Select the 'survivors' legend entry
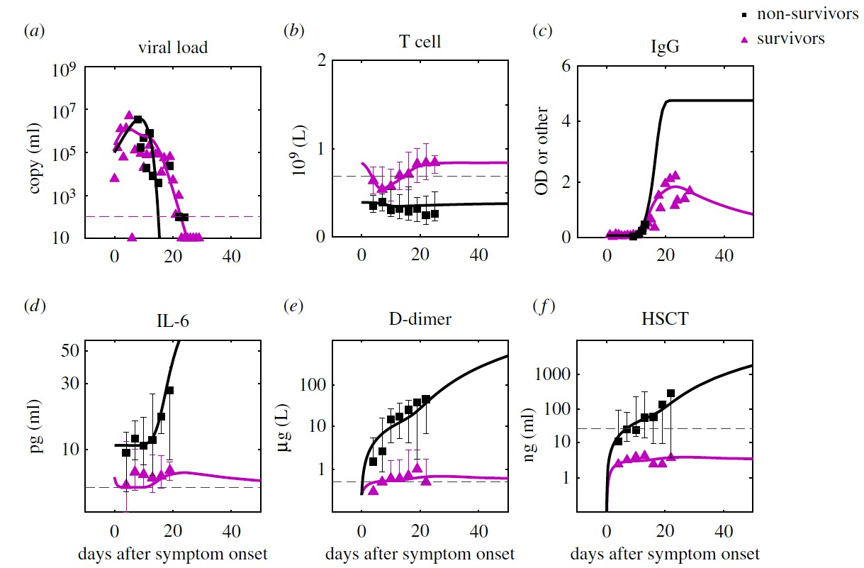click(792, 38)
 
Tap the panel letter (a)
click(32, 30)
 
